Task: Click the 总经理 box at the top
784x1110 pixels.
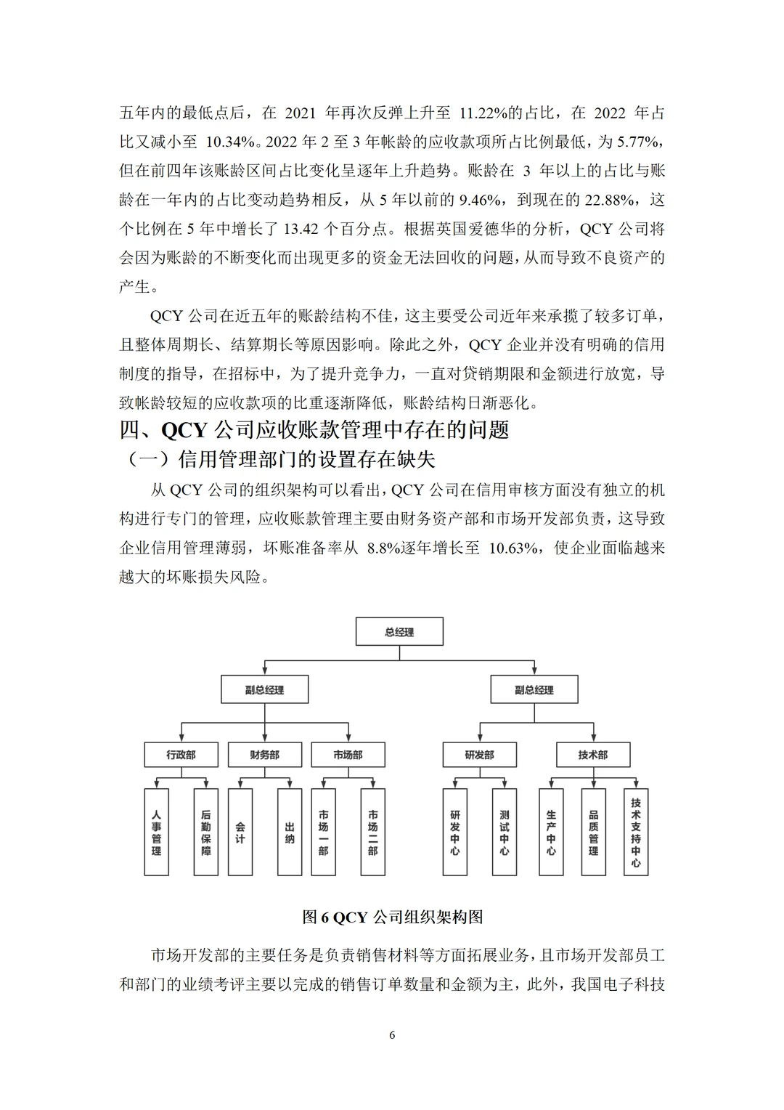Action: tap(399, 632)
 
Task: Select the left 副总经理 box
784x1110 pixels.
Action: tap(264, 689)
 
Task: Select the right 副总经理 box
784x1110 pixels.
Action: tap(534, 689)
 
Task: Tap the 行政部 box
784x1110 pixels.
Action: tap(181, 755)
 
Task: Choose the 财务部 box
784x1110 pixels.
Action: tap(264, 755)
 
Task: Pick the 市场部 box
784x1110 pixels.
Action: tap(348, 755)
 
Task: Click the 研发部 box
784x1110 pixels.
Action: tap(479, 755)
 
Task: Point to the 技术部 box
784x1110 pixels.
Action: tap(593, 755)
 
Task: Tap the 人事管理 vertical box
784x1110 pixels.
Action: tap(156, 832)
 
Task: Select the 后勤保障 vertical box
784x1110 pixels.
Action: tap(206, 832)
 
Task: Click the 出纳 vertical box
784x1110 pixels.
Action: tap(290, 832)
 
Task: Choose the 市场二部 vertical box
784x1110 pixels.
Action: tap(372, 832)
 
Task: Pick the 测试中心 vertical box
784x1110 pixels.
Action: tap(504, 832)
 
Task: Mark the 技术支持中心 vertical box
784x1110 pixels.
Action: tap(636, 832)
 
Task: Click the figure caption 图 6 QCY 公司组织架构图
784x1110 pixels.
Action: tap(392, 917)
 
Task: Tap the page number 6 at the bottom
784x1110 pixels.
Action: tap(392, 1035)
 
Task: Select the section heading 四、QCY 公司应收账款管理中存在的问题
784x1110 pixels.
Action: tap(314, 430)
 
